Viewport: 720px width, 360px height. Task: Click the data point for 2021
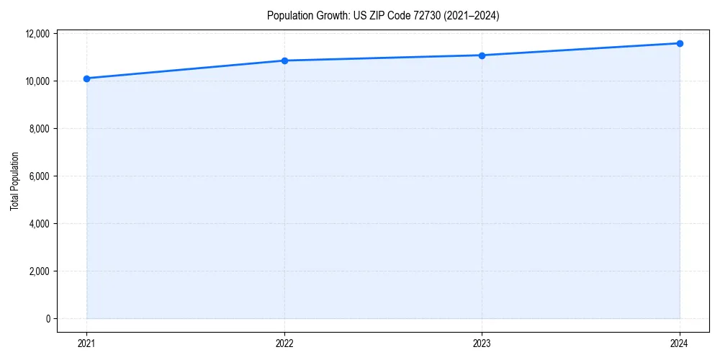(86, 78)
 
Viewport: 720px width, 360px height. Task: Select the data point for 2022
(284, 60)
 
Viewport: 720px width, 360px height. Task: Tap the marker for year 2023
(482, 55)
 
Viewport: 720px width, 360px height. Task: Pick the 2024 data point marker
(680, 43)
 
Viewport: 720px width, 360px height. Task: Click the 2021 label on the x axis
(86, 343)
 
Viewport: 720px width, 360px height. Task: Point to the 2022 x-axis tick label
(284, 343)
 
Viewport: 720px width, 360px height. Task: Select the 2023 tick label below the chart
(482, 343)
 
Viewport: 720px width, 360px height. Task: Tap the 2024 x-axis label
(680, 343)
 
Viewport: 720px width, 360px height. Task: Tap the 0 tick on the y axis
(48, 319)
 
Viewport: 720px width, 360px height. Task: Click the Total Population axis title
(14, 181)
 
